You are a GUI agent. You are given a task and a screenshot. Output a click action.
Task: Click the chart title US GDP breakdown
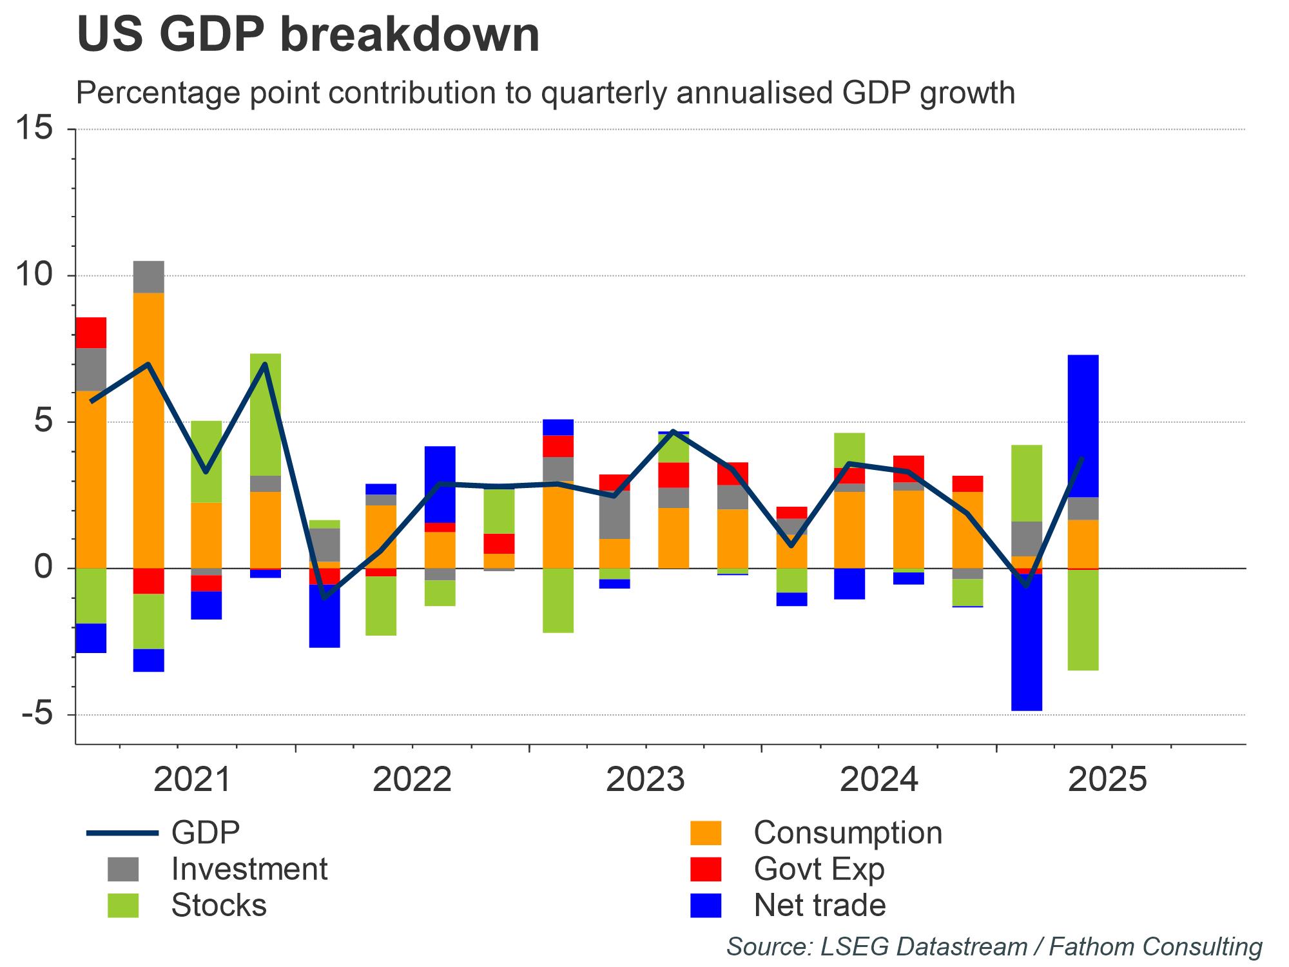[308, 35]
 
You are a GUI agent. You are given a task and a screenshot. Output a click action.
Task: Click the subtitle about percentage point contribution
[545, 93]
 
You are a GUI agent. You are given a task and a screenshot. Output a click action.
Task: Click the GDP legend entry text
[206, 833]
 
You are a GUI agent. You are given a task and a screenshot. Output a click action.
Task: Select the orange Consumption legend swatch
[705, 833]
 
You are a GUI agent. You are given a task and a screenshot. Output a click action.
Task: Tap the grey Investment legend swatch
[122, 869]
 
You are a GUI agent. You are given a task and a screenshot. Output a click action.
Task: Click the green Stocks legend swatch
[122, 905]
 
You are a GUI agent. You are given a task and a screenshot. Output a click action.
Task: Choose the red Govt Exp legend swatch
[705, 869]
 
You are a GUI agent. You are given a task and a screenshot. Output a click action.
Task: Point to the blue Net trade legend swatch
[705, 905]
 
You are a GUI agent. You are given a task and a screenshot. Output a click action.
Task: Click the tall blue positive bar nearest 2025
[1083, 425]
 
